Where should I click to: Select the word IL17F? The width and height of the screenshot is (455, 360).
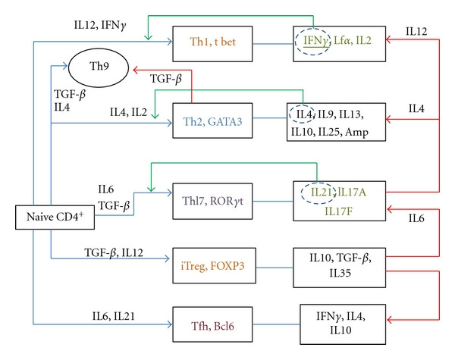click(x=338, y=211)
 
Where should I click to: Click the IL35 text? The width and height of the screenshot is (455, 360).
click(x=340, y=273)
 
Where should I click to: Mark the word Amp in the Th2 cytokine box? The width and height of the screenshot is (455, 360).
click(x=356, y=133)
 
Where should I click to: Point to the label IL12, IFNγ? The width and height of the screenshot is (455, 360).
click(x=100, y=25)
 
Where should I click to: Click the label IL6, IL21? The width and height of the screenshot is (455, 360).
click(x=114, y=316)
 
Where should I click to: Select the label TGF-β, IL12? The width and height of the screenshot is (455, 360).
click(x=114, y=252)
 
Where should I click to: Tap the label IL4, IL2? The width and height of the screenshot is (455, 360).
click(x=128, y=112)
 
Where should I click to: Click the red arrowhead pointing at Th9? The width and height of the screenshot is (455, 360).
click(x=135, y=70)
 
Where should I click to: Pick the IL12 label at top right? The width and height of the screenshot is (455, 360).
click(x=416, y=31)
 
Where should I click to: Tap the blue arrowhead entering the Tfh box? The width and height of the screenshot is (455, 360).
click(x=170, y=324)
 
